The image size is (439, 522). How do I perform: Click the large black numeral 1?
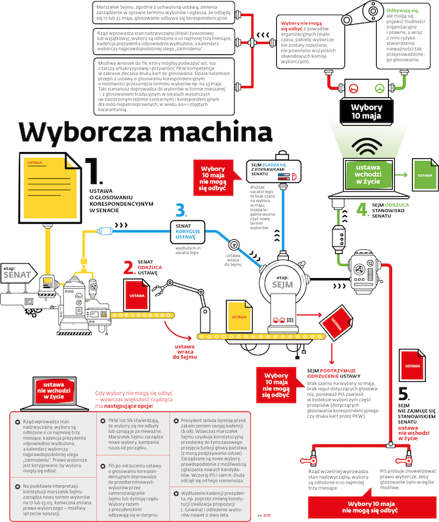(93, 170)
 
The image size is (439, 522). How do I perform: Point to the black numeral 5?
(404, 394)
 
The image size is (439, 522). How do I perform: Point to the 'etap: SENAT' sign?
(18, 271)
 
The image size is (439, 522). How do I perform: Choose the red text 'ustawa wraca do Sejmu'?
(190, 351)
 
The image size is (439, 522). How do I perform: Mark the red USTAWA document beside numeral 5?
(413, 365)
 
